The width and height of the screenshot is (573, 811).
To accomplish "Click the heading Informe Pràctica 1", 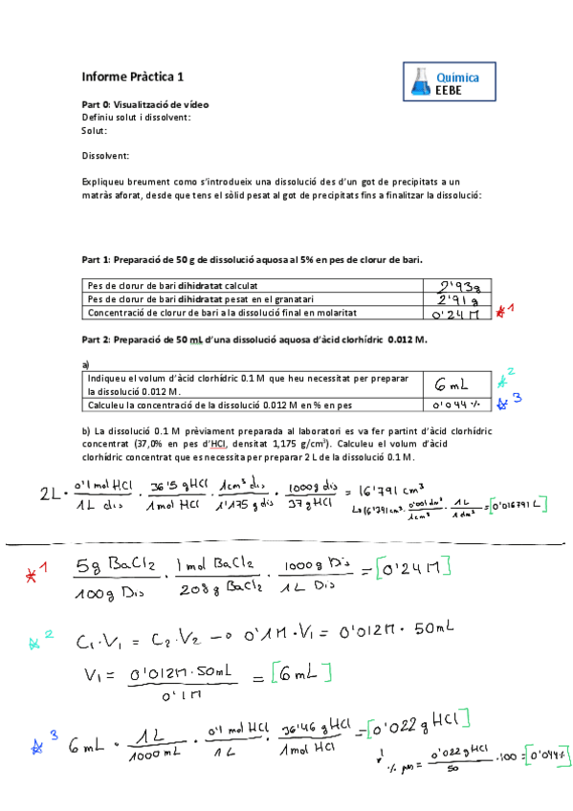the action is (134, 77).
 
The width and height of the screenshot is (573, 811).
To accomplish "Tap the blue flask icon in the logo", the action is (421, 81).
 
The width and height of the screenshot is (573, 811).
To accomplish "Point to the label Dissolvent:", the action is (105, 155).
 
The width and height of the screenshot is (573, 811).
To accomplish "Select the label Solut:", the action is (95, 130).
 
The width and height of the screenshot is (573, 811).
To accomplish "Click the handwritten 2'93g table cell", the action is (458, 285).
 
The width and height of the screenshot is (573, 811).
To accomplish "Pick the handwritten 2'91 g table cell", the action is (458, 299).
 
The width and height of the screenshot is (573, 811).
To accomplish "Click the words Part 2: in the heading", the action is (98, 340).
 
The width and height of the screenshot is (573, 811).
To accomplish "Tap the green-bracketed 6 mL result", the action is (300, 676).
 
